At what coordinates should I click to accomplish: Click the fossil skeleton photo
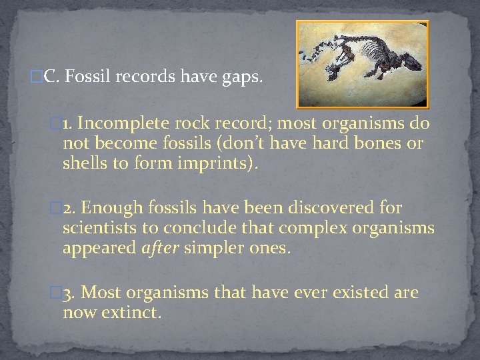click(x=362, y=64)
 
